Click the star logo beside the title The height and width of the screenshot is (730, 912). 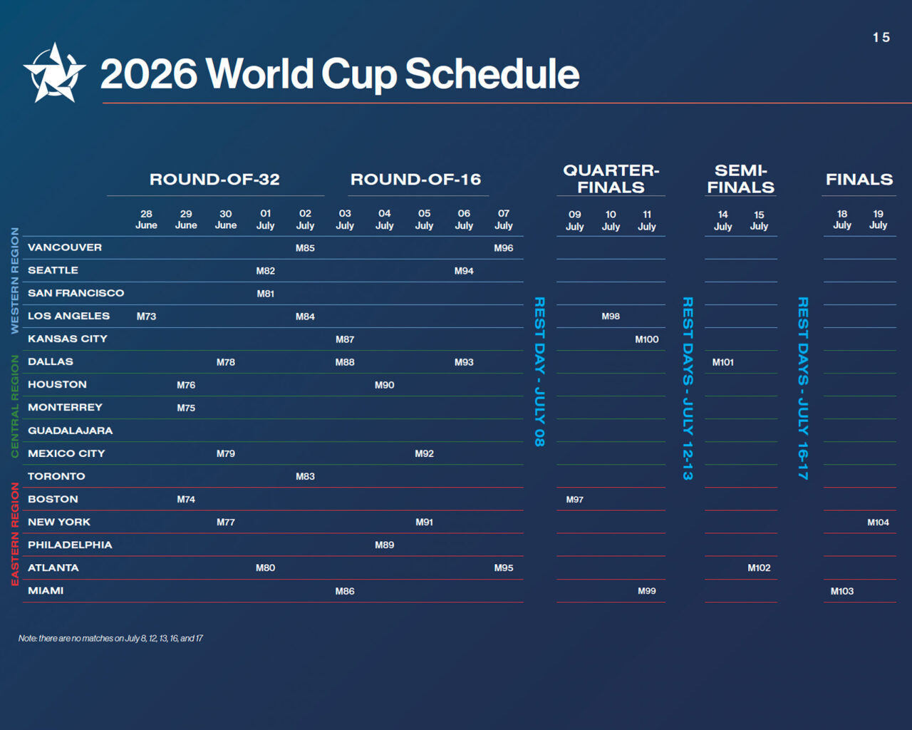pyautogui.click(x=54, y=73)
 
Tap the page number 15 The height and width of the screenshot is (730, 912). pyautogui.click(x=881, y=37)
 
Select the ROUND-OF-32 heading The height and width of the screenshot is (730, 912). pyautogui.click(x=214, y=180)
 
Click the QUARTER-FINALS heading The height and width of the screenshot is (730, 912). pyautogui.click(x=611, y=179)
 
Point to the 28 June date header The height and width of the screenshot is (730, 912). pyautogui.click(x=146, y=220)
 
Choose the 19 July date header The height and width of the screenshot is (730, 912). pyautogui.click(x=878, y=220)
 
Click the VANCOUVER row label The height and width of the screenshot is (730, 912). pyautogui.click(x=65, y=247)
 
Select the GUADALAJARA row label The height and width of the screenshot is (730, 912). pyautogui.click(x=71, y=431)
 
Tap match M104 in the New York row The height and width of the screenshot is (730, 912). pyautogui.click(x=878, y=522)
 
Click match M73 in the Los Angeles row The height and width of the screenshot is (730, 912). pyautogui.click(x=146, y=317)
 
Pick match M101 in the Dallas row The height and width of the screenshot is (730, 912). pyautogui.click(x=722, y=362)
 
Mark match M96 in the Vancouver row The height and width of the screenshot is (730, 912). pyautogui.click(x=504, y=247)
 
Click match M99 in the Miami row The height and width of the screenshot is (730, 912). pyautogui.click(x=647, y=591)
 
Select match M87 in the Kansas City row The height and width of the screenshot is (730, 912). pyautogui.click(x=345, y=339)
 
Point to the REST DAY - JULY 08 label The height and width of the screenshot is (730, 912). pyautogui.click(x=539, y=371)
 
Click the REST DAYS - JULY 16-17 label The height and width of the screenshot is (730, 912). pyautogui.click(x=803, y=388)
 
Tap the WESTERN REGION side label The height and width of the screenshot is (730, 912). pyautogui.click(x=15, y=280)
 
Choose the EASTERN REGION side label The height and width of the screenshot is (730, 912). pyautogui.click(x=15, y=534)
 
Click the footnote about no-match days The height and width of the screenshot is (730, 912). pyautogui.click(x=110, y=638)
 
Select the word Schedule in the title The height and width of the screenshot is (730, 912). pyautogui.click(x=492, y=74)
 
